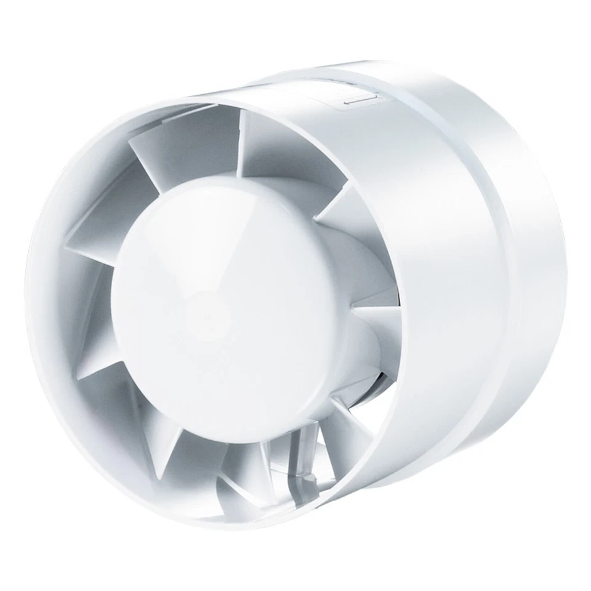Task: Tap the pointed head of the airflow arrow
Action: click(345, 103)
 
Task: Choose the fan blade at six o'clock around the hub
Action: click(240, 468)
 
